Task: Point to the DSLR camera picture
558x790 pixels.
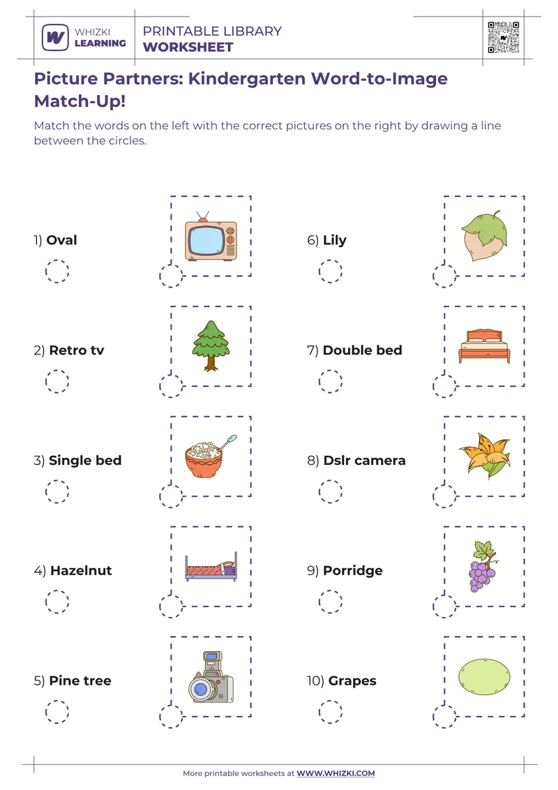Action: [210, 679]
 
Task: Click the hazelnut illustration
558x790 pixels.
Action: [484, 237]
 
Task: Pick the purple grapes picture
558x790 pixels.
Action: [483, 566]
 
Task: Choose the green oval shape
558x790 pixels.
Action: [484, 677]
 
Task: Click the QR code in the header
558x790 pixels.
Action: [504, 37]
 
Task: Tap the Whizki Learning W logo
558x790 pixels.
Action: [54, 37]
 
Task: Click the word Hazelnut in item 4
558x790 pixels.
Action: [81, 570]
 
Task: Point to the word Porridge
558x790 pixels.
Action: [353, 570]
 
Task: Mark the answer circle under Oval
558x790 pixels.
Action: [57, 271]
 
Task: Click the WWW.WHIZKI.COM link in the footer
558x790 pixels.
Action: [335, 773]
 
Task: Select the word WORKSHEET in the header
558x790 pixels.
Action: [188, 47]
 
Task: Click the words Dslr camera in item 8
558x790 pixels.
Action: [364, 461]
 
